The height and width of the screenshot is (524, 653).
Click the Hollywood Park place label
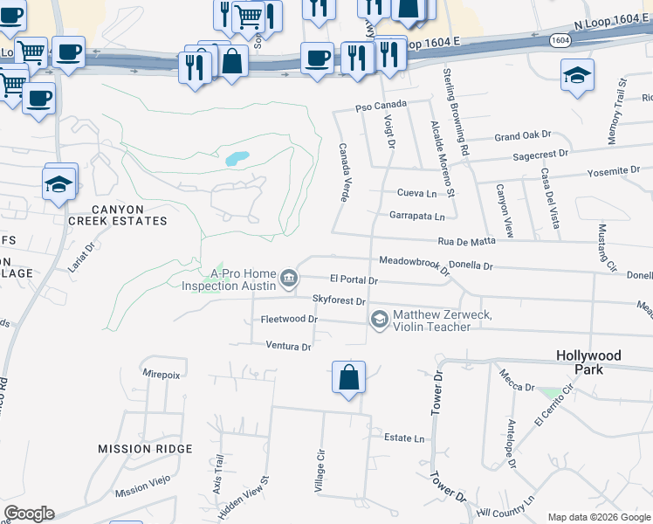(x=590, y=362)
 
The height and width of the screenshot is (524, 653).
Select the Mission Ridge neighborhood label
(x=145, y=449)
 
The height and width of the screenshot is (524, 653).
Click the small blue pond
(x=237, y=159)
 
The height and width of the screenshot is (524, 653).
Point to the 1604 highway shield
(x=560, y=40)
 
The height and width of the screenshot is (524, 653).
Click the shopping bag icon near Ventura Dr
(x=348, y=378)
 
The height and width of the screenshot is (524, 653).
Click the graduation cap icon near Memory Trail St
(x=577, y=76)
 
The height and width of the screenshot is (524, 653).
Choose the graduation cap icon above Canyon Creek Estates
(x=59, y=183)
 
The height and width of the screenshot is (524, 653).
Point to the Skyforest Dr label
(x=339, y=300)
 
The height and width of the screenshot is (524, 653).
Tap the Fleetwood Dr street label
(x=289, y=320)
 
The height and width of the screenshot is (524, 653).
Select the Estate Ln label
(x=403, y=438)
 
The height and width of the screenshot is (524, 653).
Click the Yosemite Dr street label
(x=614, y=171)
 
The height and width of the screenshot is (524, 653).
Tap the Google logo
(x=29, y=514)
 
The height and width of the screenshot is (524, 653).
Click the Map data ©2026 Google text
(x=597, y=517)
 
